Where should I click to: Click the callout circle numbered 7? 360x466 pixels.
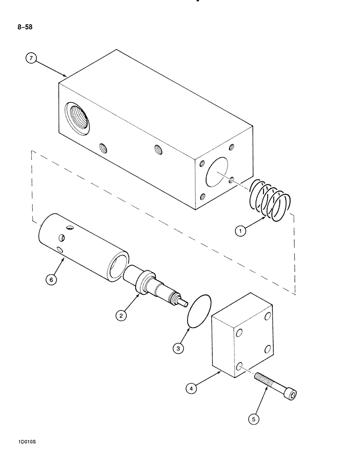coord(31,59)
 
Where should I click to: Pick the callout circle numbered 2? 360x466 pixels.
coord(121,316)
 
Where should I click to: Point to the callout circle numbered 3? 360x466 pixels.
coord(178,348)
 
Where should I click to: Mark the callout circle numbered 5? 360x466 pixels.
coord(254,419)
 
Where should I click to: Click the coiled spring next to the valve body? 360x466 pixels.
coord(270,199)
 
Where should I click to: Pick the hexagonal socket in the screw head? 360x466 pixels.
coord(293,396)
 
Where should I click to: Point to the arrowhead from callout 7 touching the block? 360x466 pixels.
coord(67,75)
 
